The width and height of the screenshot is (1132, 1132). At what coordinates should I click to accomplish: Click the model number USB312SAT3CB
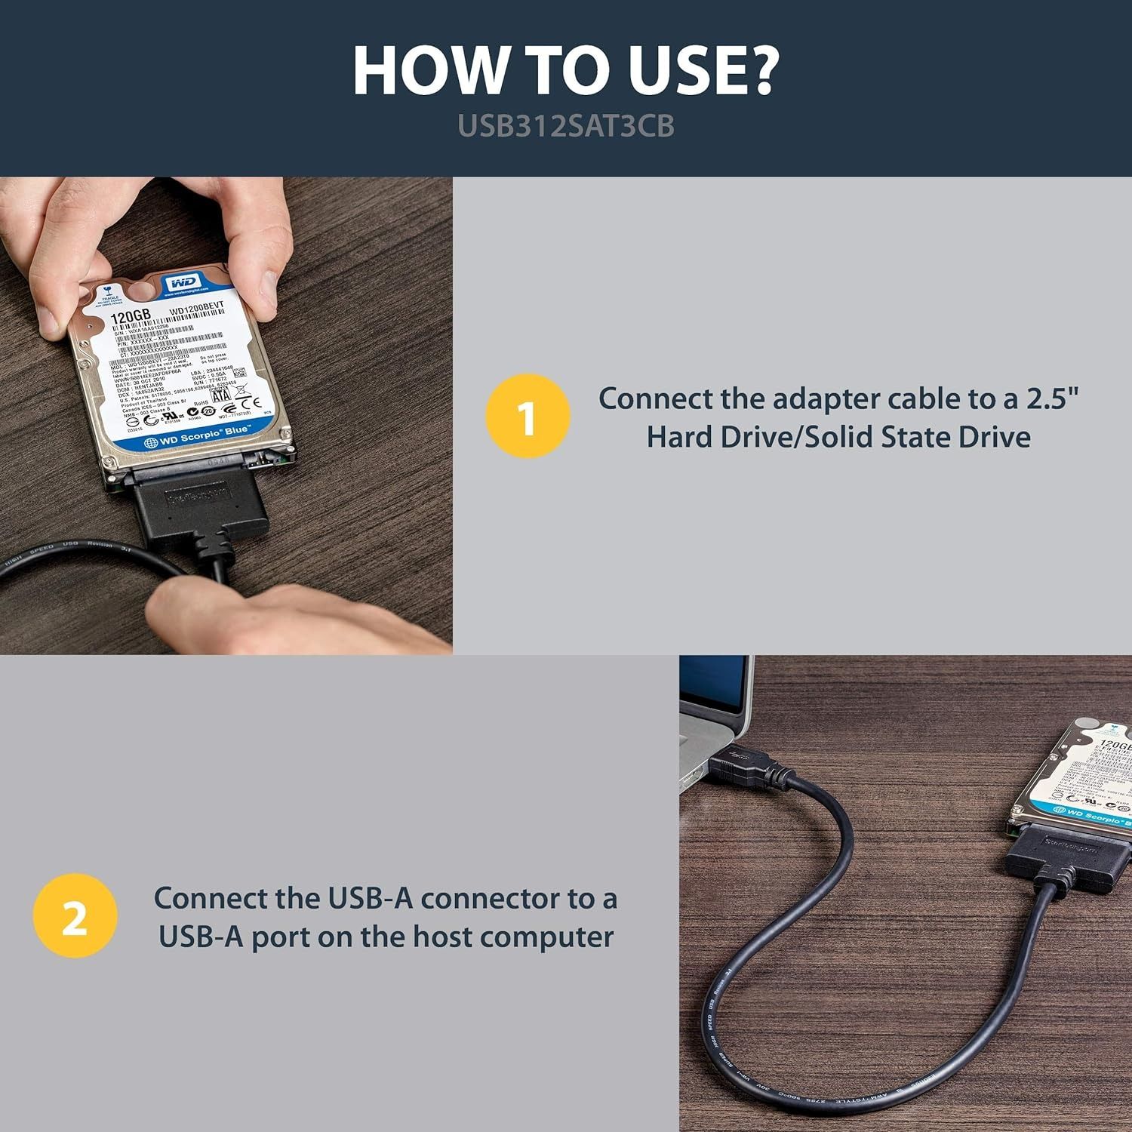coord(566,126)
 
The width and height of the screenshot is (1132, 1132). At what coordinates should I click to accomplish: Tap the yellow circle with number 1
coord(528,417)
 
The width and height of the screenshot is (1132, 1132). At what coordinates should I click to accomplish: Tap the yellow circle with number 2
coord(75,916)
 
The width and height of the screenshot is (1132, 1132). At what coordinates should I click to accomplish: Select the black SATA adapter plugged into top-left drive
coord(198,506)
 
